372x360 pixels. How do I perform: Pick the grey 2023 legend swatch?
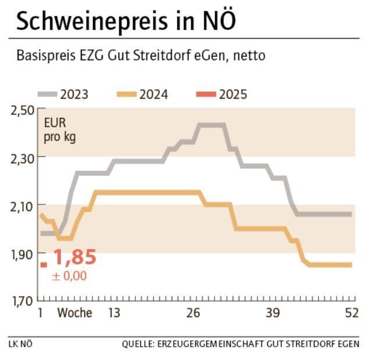point(48,94)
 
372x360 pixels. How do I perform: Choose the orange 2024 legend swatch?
point(127,94)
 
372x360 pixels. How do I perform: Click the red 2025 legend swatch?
point(206,94)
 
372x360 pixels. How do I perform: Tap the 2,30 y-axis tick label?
point(22,157)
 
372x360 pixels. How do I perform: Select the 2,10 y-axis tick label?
point(22,206)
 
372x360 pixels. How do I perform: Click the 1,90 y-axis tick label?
point(22,254)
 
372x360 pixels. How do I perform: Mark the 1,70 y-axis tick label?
point(22,301)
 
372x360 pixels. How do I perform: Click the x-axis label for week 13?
point(114,314)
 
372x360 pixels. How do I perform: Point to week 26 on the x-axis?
point(193,314)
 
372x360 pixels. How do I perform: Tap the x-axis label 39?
point(273,314)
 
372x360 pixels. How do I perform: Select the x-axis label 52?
point(351,314)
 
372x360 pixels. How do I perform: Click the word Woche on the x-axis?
point(74,314)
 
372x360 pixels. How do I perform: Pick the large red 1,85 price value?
point(74,257)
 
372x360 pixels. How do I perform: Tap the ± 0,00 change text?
point(69,276)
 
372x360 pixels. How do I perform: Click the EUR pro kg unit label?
point(60,131)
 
